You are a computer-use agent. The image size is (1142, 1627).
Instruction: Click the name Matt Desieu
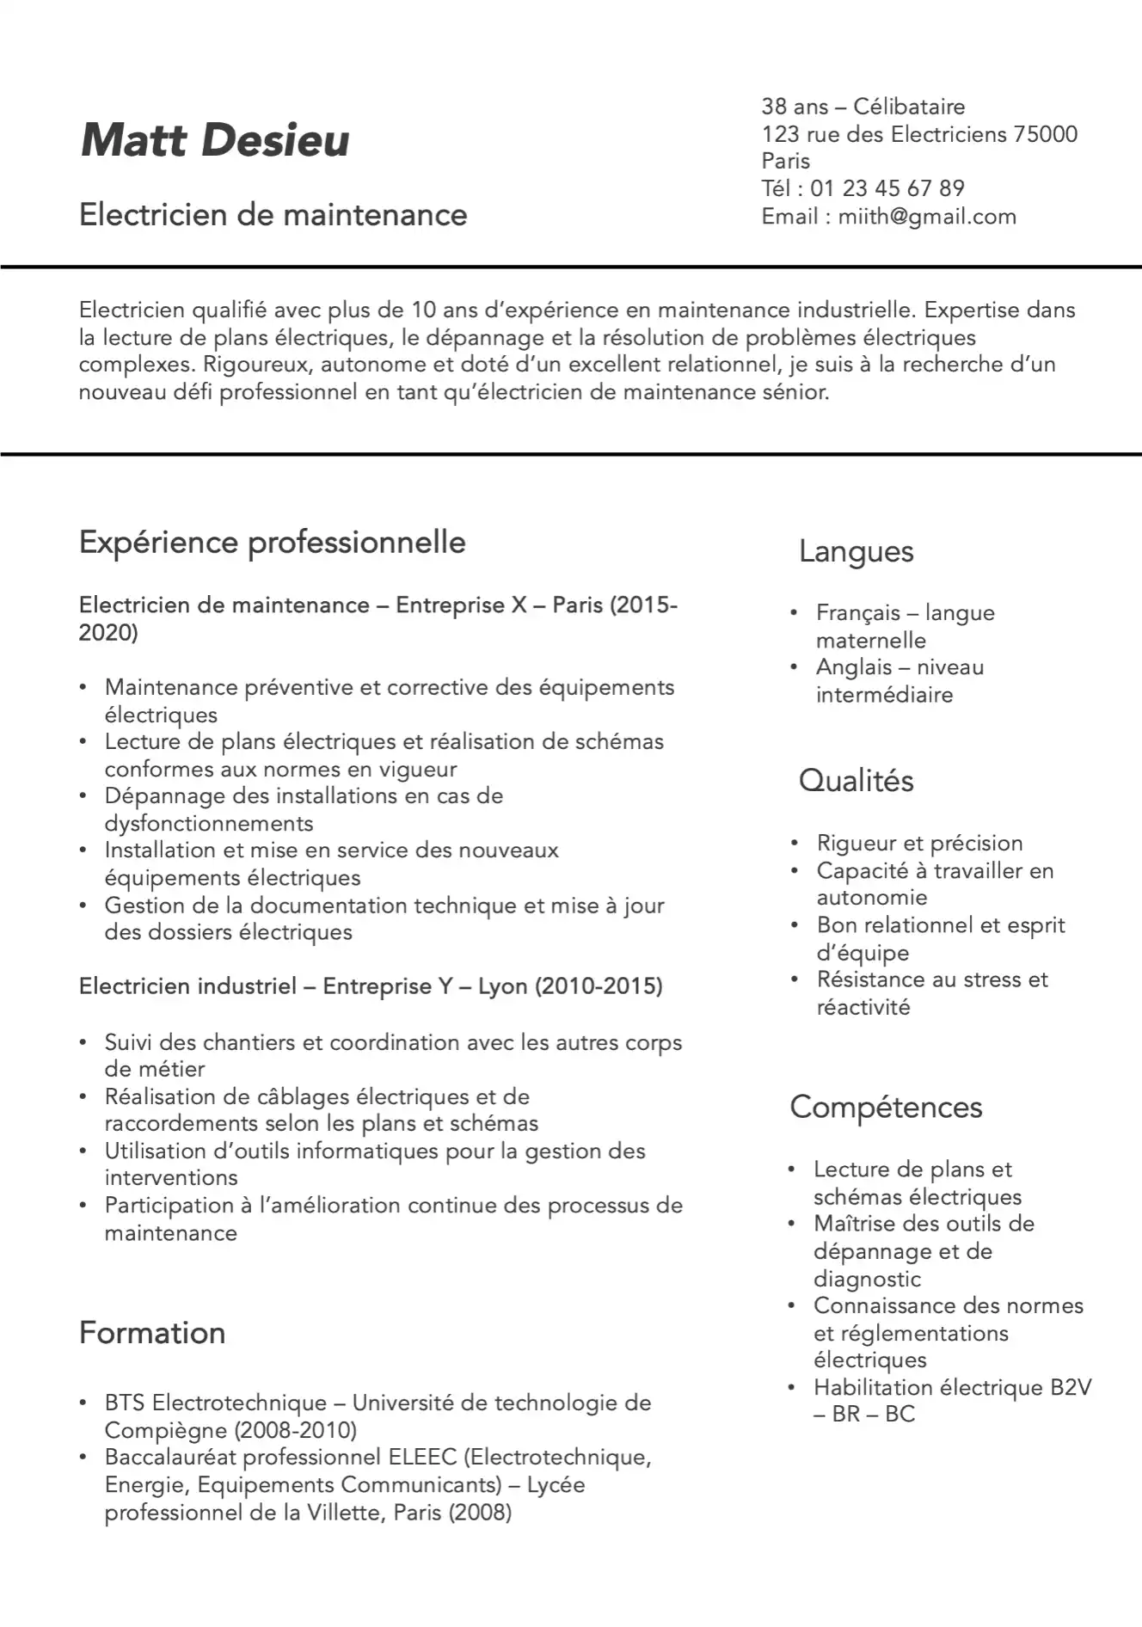[x=215, y=140]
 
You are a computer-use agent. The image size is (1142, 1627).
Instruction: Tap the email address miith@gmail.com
[x=926, y=216]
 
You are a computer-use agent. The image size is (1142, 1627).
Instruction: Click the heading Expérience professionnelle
[x=272, y=543]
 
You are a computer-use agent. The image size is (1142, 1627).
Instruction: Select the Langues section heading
[x=856, y=551]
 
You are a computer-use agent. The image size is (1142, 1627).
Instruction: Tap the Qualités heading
[x=856, y=781]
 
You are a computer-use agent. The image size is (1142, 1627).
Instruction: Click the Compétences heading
[x=886, y=1108]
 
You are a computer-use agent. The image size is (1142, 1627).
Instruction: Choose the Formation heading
[x=152, y=1333]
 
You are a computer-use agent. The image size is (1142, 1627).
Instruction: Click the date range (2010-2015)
[x=599, y=986]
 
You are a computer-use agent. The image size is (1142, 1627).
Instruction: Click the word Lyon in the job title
[x=502, y=986]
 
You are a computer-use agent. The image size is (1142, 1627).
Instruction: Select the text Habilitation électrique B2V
[x=952, y=1388]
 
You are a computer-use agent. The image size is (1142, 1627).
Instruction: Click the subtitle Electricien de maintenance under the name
[x=273, y=215]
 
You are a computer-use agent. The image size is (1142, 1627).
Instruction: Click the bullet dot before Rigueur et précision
[x=795, y=844]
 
